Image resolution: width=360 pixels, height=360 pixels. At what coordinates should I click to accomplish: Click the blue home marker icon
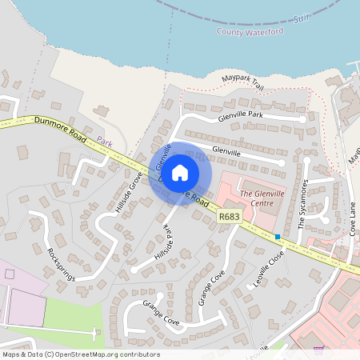click(x=180, y=171)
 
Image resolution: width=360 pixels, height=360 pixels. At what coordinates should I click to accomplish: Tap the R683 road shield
click(x=229, y=216)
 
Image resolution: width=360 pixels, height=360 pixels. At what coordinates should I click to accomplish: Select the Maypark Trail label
click(x=242, y=80)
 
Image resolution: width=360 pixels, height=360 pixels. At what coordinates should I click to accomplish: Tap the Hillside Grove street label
click(x=128, y=193)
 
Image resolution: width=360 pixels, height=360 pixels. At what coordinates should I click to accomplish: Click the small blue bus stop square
click(x=278, y=237)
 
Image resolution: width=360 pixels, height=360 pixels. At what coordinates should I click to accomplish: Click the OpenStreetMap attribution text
click(x=80, y=354)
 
